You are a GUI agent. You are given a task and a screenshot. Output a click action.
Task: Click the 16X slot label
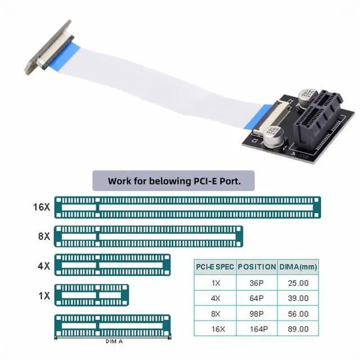pos(42,207)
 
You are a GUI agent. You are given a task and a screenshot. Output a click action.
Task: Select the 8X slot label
pos(44,237)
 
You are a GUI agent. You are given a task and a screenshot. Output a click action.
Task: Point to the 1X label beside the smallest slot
pos(44,295)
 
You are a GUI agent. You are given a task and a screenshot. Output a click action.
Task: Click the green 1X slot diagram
pos(92,295)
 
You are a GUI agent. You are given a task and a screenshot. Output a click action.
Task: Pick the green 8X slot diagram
pos(148,236)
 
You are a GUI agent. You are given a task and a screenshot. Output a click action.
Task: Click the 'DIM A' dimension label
pos(114,341)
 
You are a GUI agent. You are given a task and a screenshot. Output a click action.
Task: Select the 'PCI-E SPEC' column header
pos(213,267)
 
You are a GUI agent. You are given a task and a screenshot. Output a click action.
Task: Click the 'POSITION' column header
pos(256,267)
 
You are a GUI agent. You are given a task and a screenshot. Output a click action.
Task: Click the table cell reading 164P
pos(256,328)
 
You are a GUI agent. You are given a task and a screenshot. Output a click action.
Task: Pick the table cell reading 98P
pos(256,313)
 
